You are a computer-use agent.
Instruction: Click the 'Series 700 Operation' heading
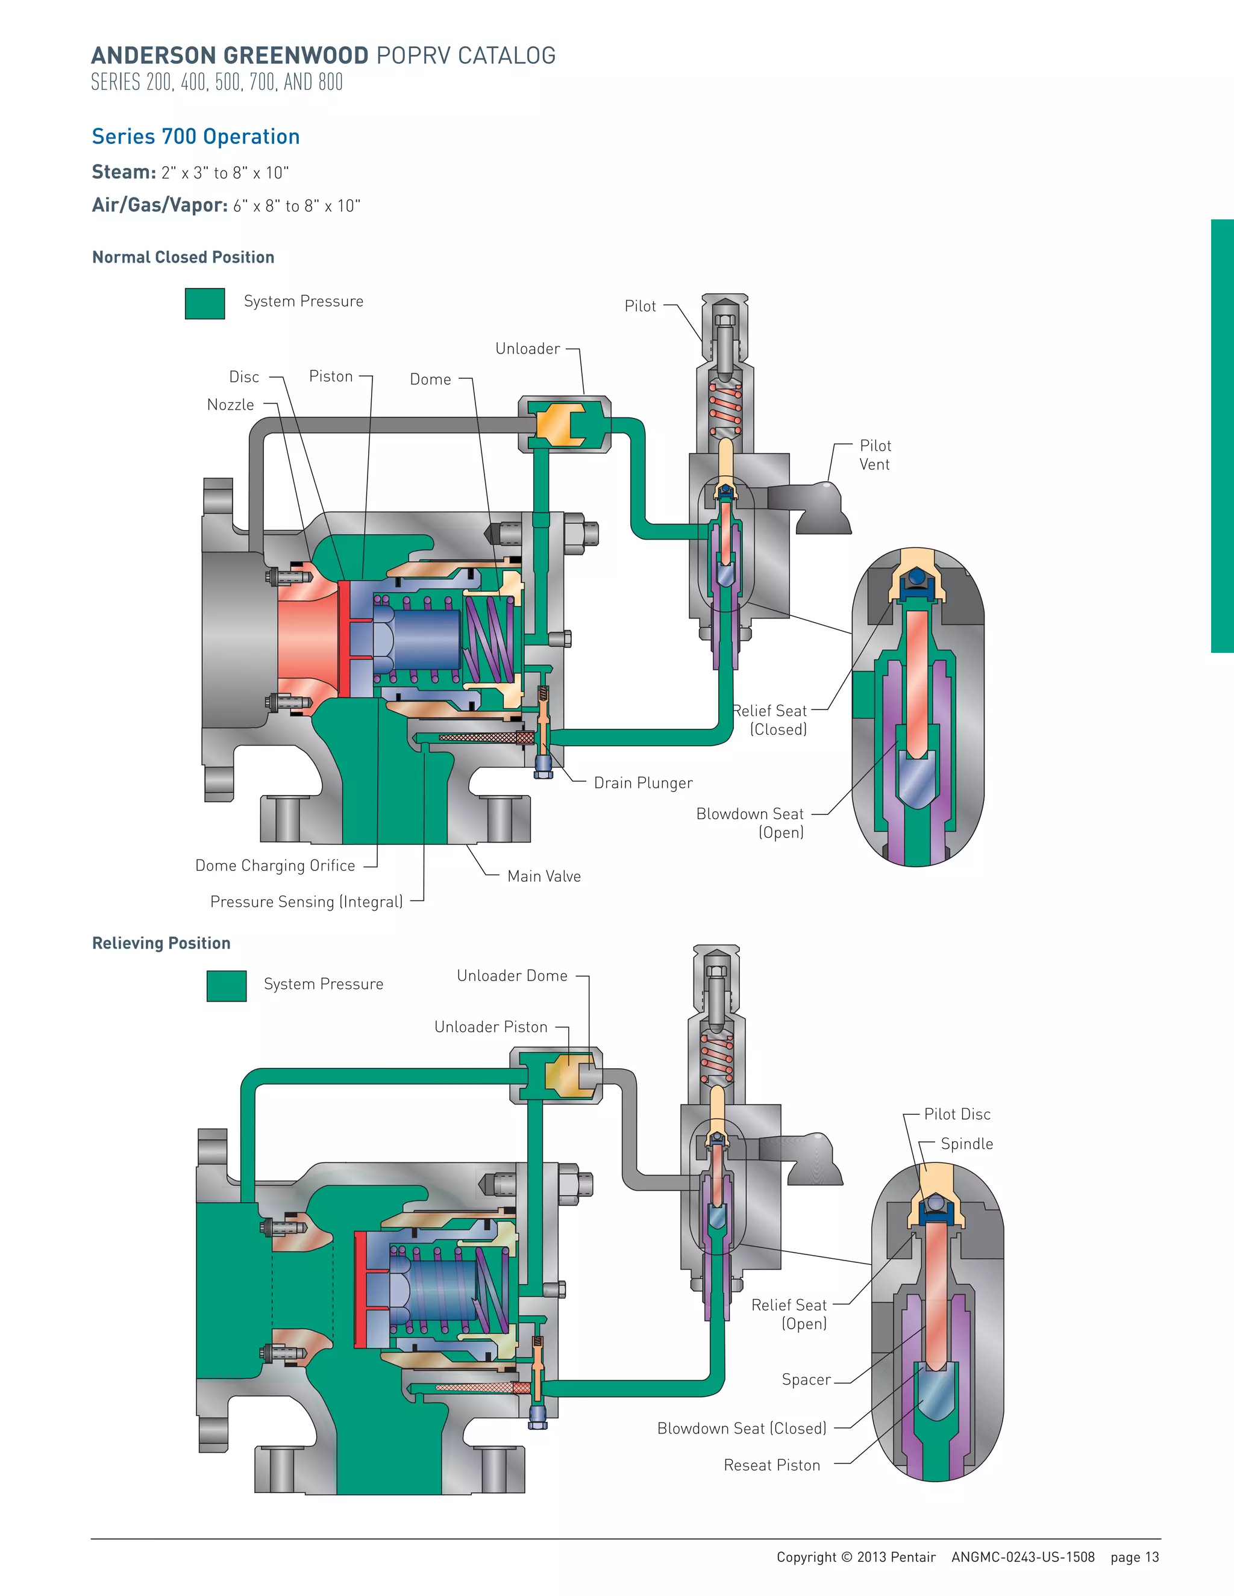click(196, 137)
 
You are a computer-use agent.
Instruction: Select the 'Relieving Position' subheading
click(161, 943)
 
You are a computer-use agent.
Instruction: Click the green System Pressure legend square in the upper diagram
click(205, 304)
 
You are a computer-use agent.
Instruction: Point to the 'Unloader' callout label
click(527, 349)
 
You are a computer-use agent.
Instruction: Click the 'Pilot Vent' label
click(875, 455)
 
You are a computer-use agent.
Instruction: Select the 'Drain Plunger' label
click(642, 783)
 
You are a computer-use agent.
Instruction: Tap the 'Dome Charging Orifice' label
click(275, 865)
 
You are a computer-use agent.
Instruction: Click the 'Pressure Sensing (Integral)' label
click(306, 902)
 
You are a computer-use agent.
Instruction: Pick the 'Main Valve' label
click(544, 876)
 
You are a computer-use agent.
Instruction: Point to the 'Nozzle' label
click(230, 405)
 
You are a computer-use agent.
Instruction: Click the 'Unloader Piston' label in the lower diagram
click(490, 1027)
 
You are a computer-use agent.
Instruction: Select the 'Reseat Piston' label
click(771, 1465)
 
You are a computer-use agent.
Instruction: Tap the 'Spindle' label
click(966, 1144)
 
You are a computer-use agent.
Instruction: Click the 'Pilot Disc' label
click(957, 1114)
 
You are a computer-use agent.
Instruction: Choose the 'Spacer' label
click(806, 1380)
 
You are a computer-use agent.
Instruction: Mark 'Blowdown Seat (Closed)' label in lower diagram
click(741, 1428)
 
